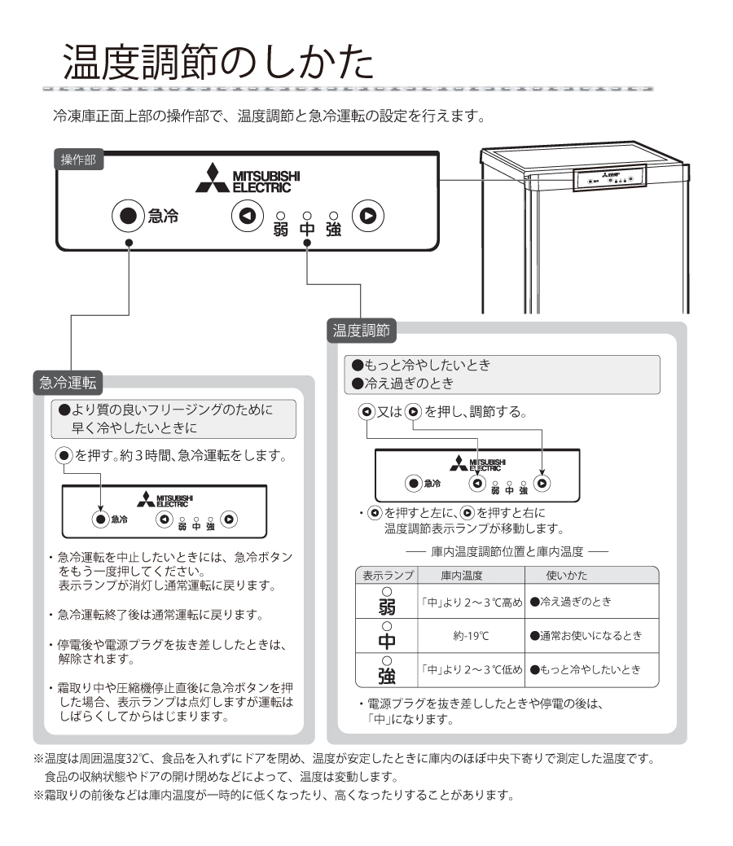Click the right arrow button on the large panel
tap(368, 216)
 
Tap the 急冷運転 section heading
tap(67, 382)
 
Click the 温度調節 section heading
tap(361, 330)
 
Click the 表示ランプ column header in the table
tap(388, 576)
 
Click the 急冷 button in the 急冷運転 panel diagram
tap(99, 519)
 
